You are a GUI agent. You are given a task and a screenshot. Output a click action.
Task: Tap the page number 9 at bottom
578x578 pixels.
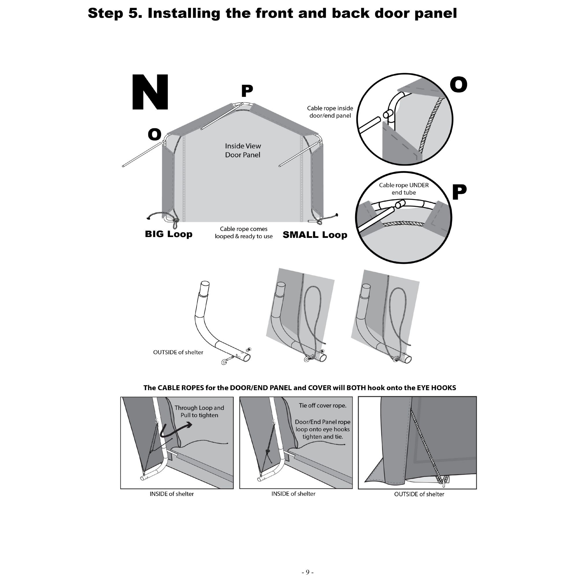pyautogui.click(x=307, y=572)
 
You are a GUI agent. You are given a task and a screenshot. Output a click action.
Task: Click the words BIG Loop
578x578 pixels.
pyautogui.click(x=168, y=234)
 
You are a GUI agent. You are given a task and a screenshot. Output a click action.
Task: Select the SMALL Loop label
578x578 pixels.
pyautogui.click(x=315, y=235)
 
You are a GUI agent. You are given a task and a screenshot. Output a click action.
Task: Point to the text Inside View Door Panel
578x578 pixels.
pyautogui.click(x=243, y=151)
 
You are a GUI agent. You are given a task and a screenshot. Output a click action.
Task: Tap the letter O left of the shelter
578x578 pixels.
pyautogui.click(x=154, y=134)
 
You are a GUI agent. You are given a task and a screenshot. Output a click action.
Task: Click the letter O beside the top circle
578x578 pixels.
pyautogui.click(x=458, y=84)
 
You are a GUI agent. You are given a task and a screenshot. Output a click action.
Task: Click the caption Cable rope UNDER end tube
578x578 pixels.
pyautogui.click(x=403, y=189)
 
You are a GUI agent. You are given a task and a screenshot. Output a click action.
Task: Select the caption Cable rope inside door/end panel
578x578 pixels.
pyautogui.click(x=330, y=112)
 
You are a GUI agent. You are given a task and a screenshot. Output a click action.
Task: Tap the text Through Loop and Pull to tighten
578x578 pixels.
pyautogui.click(x=199, y=411)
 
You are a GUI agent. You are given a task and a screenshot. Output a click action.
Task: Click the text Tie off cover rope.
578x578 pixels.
pyautogui.click(x=323, y=406)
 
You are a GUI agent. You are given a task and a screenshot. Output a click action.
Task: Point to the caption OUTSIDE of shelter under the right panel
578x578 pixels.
pyautogui.click(x=419, y=494)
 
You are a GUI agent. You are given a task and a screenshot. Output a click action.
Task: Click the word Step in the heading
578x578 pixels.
pyautogui.click(x=105, y=14)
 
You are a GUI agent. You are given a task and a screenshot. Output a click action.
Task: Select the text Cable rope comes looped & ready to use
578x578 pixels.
pyautogui.click(x=244, y=232)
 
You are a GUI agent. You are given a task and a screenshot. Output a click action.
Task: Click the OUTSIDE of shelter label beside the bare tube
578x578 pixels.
pyautogui.click(x=178, y=352)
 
